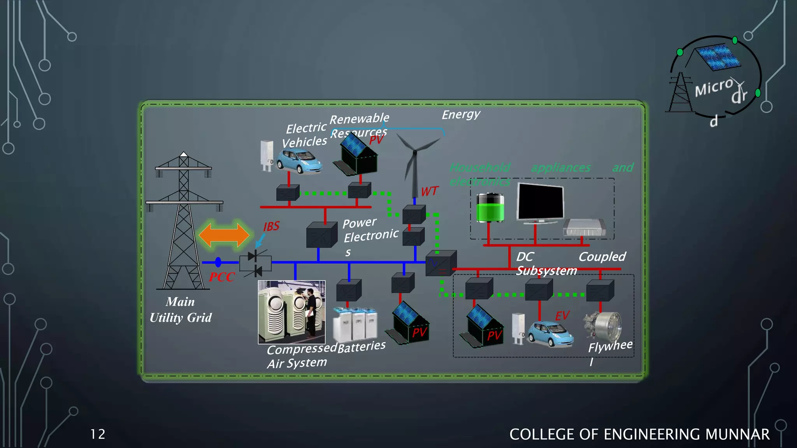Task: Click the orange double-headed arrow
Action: (224, 235)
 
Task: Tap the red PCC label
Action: (222, 277)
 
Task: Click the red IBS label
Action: (271, 226)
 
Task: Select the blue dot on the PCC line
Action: (218, 262)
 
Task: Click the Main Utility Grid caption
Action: (181, 310)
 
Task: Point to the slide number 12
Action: (98, 434)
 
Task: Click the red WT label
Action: (429, 191)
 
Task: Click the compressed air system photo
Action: (291, 312)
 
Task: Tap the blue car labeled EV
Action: (550, 334)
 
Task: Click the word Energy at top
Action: (461, 114)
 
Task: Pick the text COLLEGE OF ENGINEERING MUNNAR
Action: (639, 434)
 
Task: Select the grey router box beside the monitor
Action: (584, 228)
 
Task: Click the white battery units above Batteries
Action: (355, 325)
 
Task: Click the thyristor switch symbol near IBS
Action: (255, 263)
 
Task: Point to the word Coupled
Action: (602, 257)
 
